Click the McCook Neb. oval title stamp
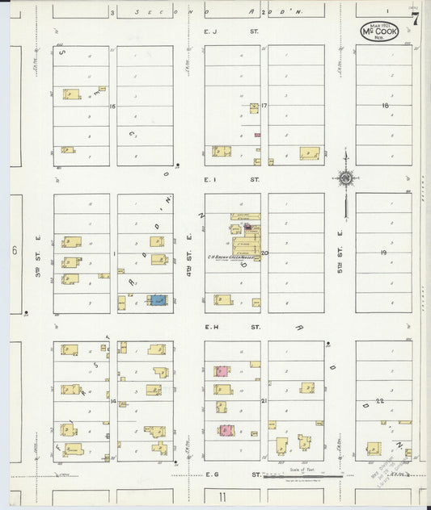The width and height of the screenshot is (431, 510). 379,31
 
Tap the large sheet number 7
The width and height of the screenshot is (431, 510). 415,20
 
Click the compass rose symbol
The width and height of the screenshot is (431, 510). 345,178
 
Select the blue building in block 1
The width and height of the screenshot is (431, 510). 158,300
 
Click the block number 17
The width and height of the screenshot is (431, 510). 264,106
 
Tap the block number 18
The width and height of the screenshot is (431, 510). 386,106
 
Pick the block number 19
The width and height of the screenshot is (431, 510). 383,253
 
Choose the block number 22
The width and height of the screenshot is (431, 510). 379,401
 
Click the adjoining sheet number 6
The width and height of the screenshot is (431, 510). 14,251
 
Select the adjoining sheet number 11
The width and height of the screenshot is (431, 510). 221,497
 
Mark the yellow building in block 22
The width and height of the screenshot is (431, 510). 374,448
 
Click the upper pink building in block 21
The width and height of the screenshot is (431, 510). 221,371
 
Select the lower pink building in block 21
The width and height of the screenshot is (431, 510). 226,430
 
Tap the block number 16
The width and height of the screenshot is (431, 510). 114,106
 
